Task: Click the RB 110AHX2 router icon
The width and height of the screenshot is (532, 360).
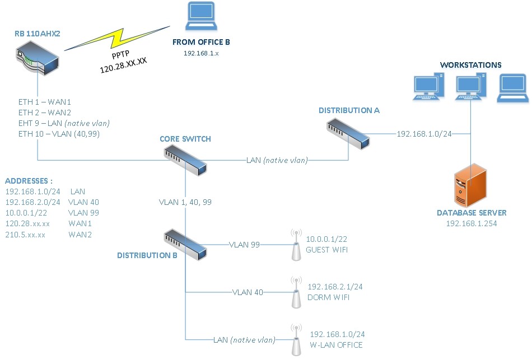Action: tap(37, 58)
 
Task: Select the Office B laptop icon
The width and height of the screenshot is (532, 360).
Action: tap(201, 17)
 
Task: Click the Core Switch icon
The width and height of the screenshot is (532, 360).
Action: tap(185, 161)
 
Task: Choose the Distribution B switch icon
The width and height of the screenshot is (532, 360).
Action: tap(185, 244)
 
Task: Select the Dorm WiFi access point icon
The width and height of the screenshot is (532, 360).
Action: tap(296, 292)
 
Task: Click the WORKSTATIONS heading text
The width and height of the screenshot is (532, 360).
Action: tap(470, 65)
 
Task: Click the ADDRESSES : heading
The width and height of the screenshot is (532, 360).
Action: tap(29, 181)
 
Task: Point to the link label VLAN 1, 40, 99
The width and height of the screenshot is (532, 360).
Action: tap(185, 202)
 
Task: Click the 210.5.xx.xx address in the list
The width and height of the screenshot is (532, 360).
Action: tap(25, 234)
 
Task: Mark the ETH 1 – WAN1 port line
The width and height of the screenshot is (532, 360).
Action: tap(44, 102)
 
